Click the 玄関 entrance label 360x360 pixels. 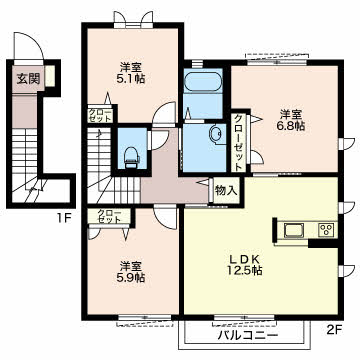click(28, 79)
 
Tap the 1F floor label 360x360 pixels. click(64, 218)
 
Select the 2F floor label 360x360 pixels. click(333, 330)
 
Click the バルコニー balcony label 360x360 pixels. click(248, 334)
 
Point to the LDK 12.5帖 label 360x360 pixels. click(245, 264)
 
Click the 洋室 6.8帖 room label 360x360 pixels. click(291, 120)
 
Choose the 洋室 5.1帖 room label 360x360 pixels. click(131, 73)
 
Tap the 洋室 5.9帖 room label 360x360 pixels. click(131, 272)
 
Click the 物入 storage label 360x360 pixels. click(226, 190)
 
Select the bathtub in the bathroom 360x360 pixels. click(203, 82)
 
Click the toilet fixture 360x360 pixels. click(130, 157)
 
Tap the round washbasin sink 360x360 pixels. click(215, 134)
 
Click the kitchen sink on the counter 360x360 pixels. click(294, 230)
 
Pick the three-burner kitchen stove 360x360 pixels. click(327, 230)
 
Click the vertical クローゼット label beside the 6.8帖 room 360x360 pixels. click(238, 143)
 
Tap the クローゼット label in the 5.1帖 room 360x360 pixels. click(100, 115)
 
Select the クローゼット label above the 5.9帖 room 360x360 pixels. click(109, 216)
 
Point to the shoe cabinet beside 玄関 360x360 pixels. click(50, 76)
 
